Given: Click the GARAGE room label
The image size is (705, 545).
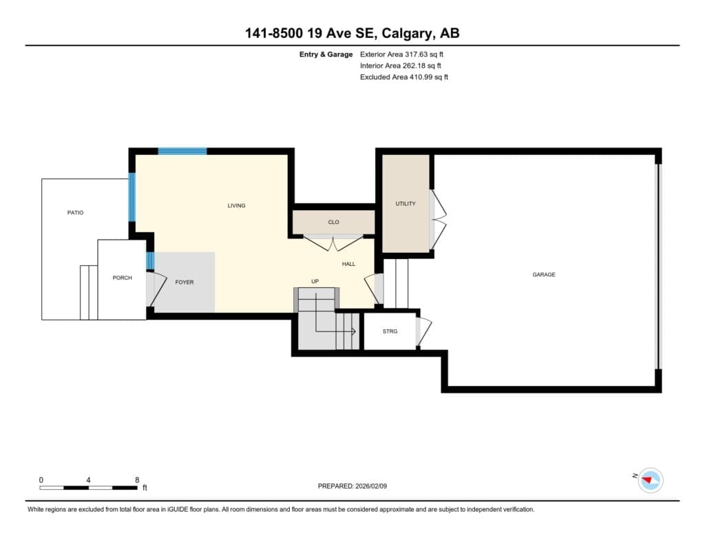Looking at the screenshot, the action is pos(544,274).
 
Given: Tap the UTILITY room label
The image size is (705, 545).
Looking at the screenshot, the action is pos(406,204).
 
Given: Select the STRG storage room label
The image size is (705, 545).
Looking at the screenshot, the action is pos(390,331).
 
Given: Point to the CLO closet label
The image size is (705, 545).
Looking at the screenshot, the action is pos(334,223).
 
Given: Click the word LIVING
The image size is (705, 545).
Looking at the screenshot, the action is pos(237,206).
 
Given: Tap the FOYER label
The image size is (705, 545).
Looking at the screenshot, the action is pos(185,282).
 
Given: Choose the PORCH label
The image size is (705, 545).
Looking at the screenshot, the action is pos(123,278).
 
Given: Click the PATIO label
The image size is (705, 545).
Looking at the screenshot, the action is pos(76,212).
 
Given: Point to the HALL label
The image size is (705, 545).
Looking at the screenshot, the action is pos(348,264).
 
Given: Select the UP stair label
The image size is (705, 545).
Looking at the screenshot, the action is pos(315,281).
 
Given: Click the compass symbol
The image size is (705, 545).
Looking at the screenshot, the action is pos(651,480).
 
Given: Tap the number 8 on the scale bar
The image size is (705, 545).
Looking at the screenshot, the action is pos(137,480).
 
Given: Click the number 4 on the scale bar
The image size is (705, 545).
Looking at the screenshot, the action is pos(88,480).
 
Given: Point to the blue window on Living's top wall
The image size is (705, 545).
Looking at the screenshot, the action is pos(182,151).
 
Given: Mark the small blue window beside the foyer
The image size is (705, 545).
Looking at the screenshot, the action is pos(151,261).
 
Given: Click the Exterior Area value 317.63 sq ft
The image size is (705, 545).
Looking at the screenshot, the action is pos(424,54).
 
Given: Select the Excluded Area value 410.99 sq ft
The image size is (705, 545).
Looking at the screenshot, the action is pos(428,77).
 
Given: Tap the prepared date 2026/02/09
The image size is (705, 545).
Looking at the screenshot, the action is pos(371,486).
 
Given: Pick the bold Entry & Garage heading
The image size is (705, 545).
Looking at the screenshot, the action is pos(326,54).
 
